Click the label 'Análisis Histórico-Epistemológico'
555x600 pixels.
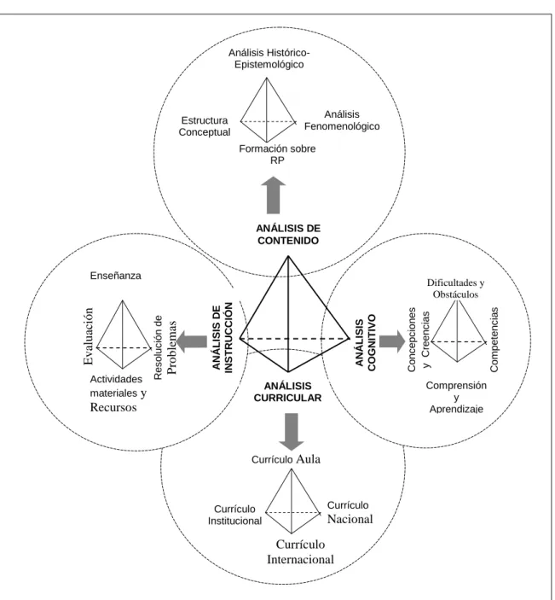click(x=269, y=58)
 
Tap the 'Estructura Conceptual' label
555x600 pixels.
click(x=205, y=126)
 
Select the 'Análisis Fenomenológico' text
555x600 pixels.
click(x=342, y=120)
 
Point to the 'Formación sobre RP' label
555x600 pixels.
click(x=278, y=154)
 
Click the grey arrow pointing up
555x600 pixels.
click(x=274, y=195)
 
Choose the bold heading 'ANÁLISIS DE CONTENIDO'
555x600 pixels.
click(x=288, y=234)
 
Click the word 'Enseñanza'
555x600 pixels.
click(x=115, y=276)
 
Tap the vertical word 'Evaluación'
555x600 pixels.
click(x=89, y=336)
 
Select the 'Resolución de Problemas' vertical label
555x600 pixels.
click(x=165, y=347)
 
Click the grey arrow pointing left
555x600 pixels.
click(x=192, y=341)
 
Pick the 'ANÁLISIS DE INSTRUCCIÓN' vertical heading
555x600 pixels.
click(x=223, y=337)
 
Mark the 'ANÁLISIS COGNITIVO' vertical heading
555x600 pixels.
click(x=366, y=343)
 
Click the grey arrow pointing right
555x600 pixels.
click(x=392, y=341)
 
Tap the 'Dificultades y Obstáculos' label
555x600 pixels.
click(x=455, y=288)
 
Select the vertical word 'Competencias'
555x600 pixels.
click(x=494, y=340)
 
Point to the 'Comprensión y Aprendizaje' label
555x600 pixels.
click(x=456, y=397)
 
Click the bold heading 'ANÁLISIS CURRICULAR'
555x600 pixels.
click(x=288, y=392)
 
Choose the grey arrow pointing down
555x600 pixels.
click(x=292, y=432)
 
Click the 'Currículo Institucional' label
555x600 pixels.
click(x=234, y=515)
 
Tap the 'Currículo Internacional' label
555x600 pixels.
click(x=300, y=552)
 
